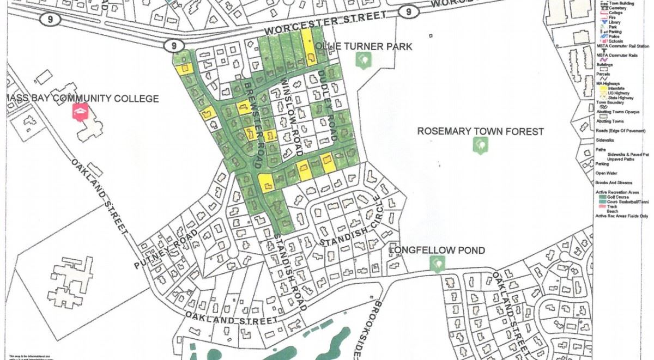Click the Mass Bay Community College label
click(x=82, y=99)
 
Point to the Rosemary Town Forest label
click(x=480, y=131)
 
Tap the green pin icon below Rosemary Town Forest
click(x=480, y=145)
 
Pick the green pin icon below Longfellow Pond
click(x=437, y=264)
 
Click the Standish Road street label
click(x=289, y=272)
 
